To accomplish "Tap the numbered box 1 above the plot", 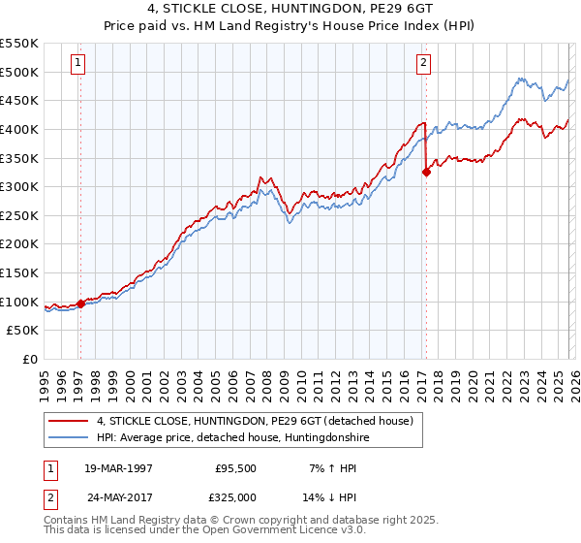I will [x=77, y=64].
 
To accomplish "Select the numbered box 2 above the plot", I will [x=423, y=64].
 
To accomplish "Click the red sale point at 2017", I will [x=426, y=173].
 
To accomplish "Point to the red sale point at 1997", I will [x=80, y=303].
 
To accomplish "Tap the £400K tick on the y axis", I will [x=19, y=129].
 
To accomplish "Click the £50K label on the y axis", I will [x=22, y=331].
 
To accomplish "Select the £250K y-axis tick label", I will [x=19, y=215].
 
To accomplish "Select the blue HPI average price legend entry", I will [x=232, y=437].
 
